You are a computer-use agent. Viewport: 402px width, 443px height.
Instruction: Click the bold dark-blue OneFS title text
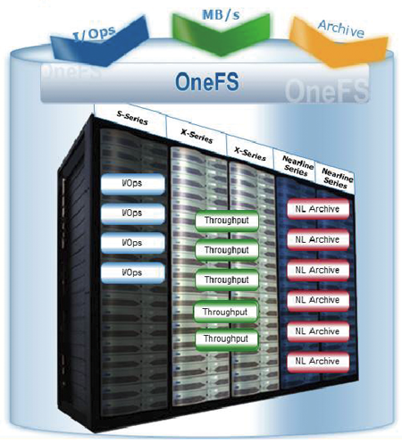(x=207, y=81)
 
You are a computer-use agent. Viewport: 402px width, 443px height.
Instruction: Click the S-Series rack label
(x=132, y=118)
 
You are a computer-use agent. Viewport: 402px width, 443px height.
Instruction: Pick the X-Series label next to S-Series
(x=197, y=136)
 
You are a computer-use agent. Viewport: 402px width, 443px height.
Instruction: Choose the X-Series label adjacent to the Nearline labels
(x=250, y=154)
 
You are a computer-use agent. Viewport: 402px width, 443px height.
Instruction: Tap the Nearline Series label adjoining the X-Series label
(x=297, y=165)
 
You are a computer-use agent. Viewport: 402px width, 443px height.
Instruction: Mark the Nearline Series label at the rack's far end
(x=337, y=178)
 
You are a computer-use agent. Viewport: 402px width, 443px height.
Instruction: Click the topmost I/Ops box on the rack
(x=133, y=184)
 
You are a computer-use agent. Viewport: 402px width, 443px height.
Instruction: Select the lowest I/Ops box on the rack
(x=133, y=272)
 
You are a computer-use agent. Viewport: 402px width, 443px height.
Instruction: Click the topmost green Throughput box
(x=227, y=221)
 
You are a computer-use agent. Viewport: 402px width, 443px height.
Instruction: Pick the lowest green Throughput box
(x=227, y=339)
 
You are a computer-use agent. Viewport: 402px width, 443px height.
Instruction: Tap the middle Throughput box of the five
(x=227, y=280)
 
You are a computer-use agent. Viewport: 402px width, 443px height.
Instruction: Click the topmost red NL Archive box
(x=318, y=209)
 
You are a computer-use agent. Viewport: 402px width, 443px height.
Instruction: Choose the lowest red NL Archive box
(x=318, y=362)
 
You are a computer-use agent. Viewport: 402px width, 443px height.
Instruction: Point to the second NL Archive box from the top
(x=318, y=239)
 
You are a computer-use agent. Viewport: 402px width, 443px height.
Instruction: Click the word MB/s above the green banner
(x=221, y=15)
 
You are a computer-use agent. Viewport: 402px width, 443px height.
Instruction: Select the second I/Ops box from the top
(x=133, y=213)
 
